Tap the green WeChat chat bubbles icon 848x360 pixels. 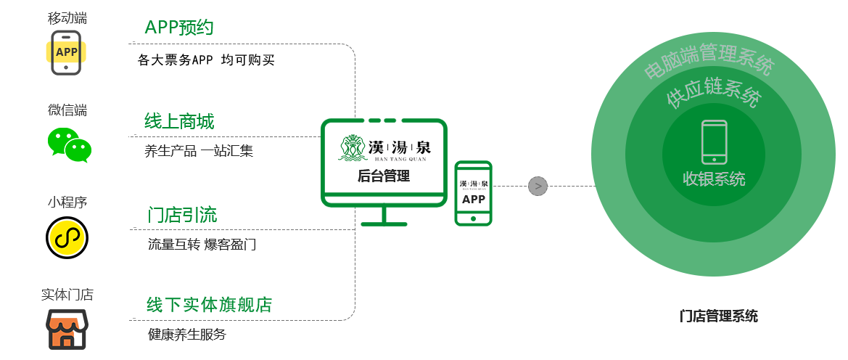(70, 144)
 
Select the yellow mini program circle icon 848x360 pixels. (67, 237)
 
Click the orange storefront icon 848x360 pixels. (67, 329)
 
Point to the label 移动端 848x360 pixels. (67, 19)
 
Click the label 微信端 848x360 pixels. (67, 110)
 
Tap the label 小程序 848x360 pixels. (67, 202)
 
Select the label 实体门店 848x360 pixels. (67, 295)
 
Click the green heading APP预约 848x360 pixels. (178, 28)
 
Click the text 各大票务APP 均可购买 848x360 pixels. (207, 61)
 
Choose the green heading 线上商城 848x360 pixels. (179, 121)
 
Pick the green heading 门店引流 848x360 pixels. (182, 215)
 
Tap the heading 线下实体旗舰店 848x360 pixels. (209, 305)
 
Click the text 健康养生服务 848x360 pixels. (186, 335)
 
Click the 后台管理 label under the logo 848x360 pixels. (383, 176)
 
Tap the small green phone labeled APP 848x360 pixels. (473, 193)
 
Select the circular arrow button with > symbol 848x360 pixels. (538, 187)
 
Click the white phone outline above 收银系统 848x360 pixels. (714, 142)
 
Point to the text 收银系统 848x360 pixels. (714, 179)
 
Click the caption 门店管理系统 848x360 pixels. (719, 316)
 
